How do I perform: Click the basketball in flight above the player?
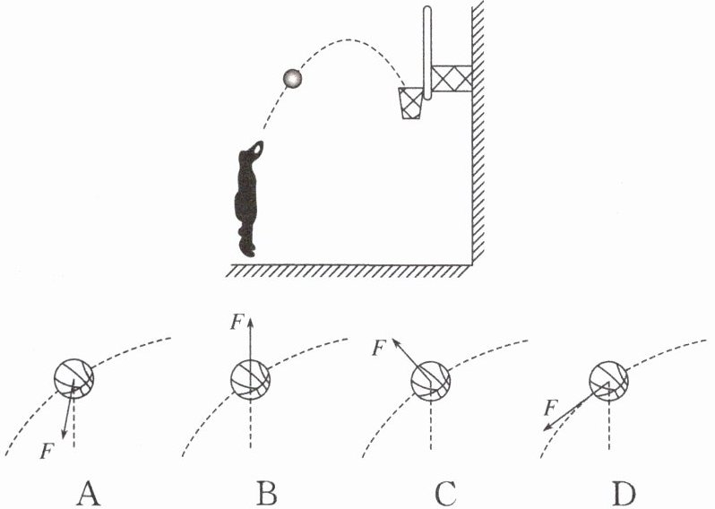click(292, 79)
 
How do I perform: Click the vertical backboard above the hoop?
click(427, 49)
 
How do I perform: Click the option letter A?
click(87, 490)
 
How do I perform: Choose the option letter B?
click(266, 490)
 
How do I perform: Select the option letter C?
click(445, 490)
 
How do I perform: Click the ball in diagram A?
click(73, 377)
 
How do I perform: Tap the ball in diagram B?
click(250, 377)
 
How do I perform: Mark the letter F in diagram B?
click(235, 321)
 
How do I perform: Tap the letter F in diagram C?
click(380, 344)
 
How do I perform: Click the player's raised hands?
click(257, 146)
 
